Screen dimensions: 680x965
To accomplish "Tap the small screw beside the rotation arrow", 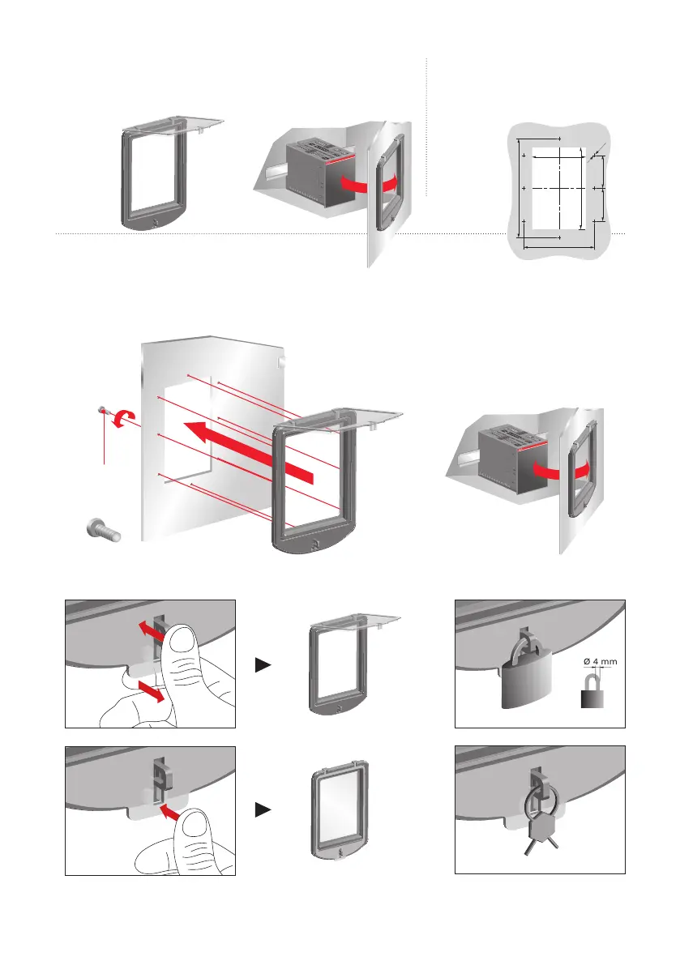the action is coord(104,411).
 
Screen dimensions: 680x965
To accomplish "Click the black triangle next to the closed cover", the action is coord(263,809).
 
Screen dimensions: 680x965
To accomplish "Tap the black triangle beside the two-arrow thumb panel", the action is coord(263,664).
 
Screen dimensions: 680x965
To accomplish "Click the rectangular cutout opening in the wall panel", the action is coord(188,429).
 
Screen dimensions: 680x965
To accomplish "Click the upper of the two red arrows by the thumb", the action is coord(146,629).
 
